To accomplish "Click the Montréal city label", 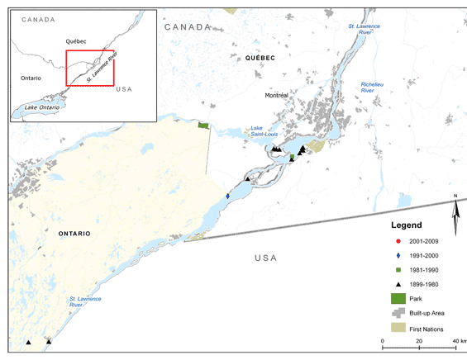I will [276, 96].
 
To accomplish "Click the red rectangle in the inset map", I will [91, 69].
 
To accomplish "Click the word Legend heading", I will [406, 225].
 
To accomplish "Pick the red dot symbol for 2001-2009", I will [398, 240].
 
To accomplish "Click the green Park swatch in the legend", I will [399, 299].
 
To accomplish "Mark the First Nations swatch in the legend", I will [399, 329].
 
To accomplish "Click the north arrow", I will [455, 215].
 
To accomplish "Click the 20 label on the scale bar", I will [420, 341].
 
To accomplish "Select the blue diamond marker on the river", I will [228, 196].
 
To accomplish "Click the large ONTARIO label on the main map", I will [74, 234].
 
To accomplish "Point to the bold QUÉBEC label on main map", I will [260, 58].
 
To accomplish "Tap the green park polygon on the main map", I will [203, 126].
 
